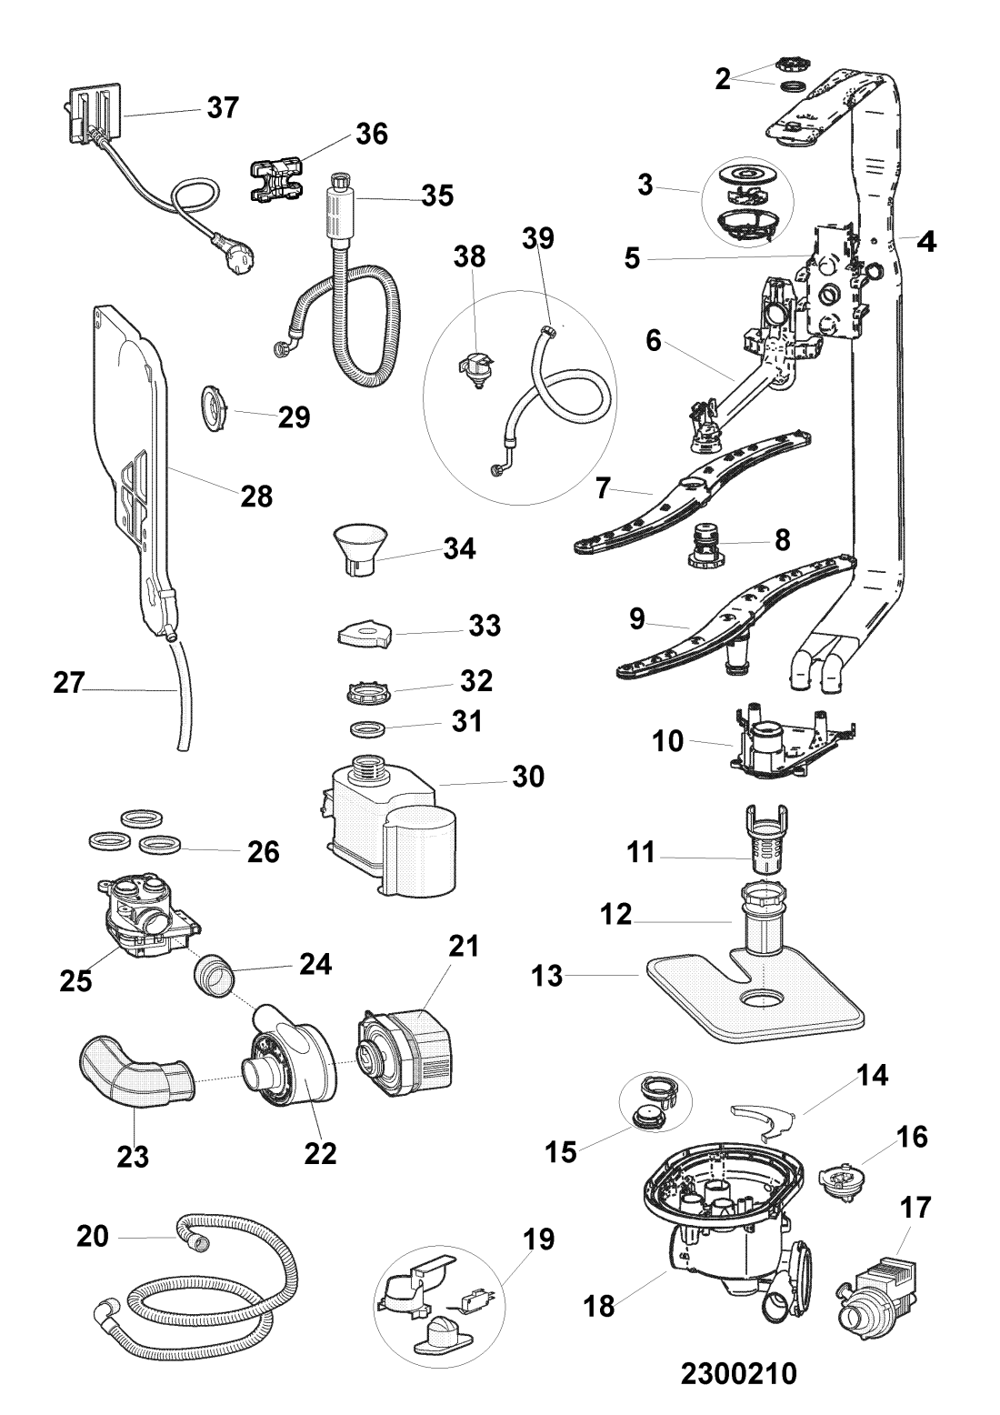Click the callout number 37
coord(223,107)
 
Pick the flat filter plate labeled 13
coord(755,1000)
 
